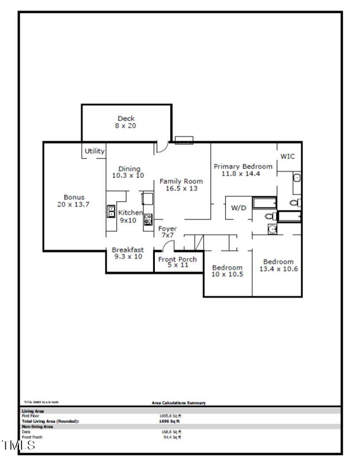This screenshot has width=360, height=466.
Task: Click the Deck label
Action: pos(126,119)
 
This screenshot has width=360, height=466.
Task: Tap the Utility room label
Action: pos(94,151)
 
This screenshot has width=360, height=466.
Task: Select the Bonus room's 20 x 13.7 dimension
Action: pos(74,204)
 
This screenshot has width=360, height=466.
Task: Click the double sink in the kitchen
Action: pos(111,211)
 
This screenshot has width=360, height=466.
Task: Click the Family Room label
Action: pos(181,181)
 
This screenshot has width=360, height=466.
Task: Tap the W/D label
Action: pos(238,208)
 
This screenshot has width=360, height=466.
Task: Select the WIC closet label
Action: pos(288,156)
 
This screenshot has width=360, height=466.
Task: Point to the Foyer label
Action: pos(168,228)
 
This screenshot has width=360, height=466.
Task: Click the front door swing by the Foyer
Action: pos(168,246)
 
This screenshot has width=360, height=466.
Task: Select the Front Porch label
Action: pos(177,259)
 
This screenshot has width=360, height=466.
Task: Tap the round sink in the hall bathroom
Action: pos(272,229)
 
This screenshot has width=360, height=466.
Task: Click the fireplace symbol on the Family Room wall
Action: pos(184,140)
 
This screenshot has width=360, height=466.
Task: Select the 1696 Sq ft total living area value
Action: pos(170,421)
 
